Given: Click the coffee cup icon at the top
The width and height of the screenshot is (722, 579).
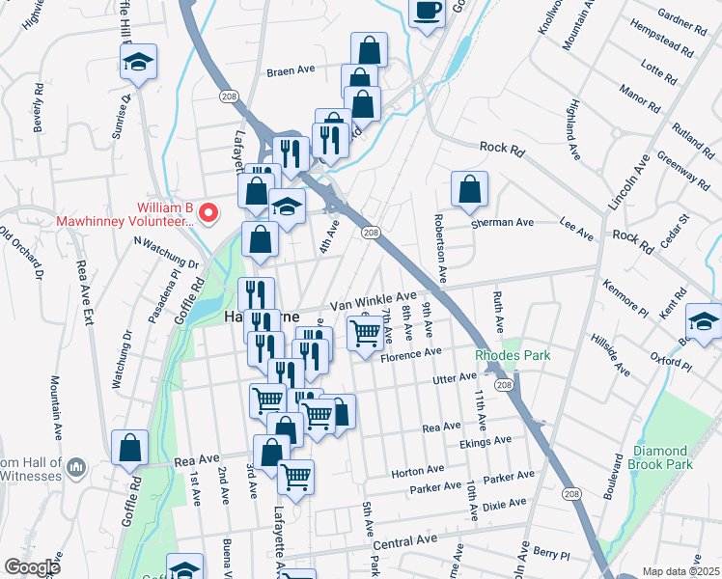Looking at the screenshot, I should coord(428,12).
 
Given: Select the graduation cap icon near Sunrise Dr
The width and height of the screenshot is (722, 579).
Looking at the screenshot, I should coord(139,64).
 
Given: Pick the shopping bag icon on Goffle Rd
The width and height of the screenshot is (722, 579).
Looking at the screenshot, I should coord(129,448).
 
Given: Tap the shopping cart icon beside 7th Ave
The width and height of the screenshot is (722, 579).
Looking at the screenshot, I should coord(365,334).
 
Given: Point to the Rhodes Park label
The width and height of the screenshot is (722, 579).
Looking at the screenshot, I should coord(512,356).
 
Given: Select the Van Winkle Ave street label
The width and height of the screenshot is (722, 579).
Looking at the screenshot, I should coord(373,300).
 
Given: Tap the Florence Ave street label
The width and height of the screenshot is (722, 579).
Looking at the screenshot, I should coord(411,356).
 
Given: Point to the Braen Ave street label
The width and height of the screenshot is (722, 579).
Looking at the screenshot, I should coord(292,71).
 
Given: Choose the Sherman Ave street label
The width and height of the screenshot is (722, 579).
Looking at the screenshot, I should coord(502,222).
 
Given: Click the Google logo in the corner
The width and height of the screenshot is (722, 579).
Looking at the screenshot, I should coord(32,567).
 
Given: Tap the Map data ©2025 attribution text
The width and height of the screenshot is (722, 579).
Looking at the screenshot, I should coord(680,571).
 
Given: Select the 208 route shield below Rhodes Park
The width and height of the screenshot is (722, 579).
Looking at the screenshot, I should coord(503,385).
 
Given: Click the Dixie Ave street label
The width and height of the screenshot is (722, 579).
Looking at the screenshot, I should coord(505,503).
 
